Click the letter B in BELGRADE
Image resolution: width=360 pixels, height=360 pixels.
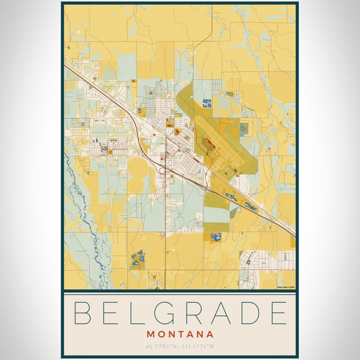[x=83, y=313]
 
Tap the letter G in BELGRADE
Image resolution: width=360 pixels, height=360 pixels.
[x=164, y=313]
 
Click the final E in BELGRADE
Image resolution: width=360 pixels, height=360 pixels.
[x=277, y=313]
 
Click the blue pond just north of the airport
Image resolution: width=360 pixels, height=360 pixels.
[x=207, y=103]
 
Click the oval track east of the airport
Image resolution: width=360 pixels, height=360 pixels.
[x=244, y=127]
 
